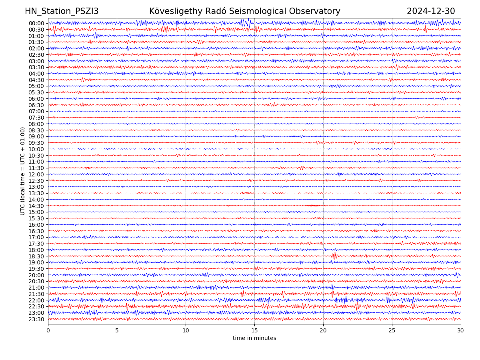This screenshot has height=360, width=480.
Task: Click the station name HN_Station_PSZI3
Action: pos(62,11)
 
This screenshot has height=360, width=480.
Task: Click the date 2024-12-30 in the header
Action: pos(431,11)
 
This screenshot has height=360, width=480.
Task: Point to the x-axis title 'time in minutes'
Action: pos(254,338)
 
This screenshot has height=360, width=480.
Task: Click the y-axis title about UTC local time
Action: pos(23,171)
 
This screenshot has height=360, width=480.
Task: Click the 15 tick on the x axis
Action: pos(254,331)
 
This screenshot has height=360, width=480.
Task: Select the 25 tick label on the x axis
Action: pos(392,331)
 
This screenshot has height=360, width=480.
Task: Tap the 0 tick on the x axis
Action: pos(48,331)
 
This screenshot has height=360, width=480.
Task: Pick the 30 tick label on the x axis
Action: pos(461,331)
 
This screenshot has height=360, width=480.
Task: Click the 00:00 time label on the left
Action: pos(36,23)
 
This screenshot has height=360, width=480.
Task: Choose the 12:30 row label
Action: pos(36,181)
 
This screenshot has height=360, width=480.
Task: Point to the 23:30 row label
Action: pos(36,319)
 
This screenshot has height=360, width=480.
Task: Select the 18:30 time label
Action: pos(36,256)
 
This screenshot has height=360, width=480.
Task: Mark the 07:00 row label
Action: pos(36,111)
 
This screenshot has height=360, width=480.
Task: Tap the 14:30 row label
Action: pos(36,206)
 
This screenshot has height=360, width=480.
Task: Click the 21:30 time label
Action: pos(36,294)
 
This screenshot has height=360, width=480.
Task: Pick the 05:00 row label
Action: pos(36,86)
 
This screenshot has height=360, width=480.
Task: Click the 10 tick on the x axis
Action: pos(186,331)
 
